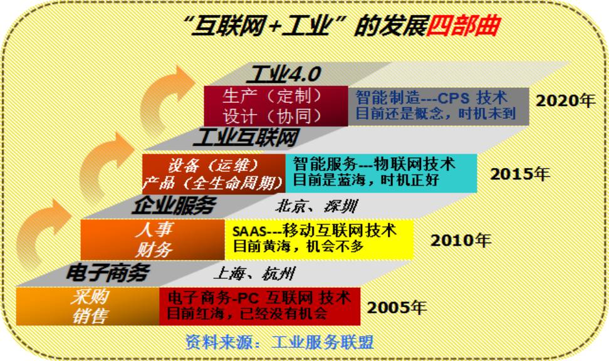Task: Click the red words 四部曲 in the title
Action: tap(463, 26)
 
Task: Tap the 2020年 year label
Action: tap(565, 101)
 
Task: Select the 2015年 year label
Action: tap(519, 174)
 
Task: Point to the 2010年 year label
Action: tap(461, 241)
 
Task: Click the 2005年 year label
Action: tap(397, 308)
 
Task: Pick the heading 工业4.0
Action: tap(284, 74)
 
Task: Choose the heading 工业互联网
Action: tap(246, 137)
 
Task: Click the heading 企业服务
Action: tap(173, 205)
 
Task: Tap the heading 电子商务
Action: tap(108, 273)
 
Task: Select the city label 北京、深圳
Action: tap(316, 206)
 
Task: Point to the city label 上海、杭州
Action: tap(254, 273)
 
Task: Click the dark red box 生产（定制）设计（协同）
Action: tap(276, 106)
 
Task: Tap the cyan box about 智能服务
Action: tap(381, 173)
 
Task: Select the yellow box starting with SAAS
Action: tap(319, 239)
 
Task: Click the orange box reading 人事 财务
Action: tap(153, 239)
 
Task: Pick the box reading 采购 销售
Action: tap(88, 306)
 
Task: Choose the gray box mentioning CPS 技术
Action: tap(439, 106)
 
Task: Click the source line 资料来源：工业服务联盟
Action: tap(279, 342)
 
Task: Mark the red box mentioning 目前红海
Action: tap(260, 306)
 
